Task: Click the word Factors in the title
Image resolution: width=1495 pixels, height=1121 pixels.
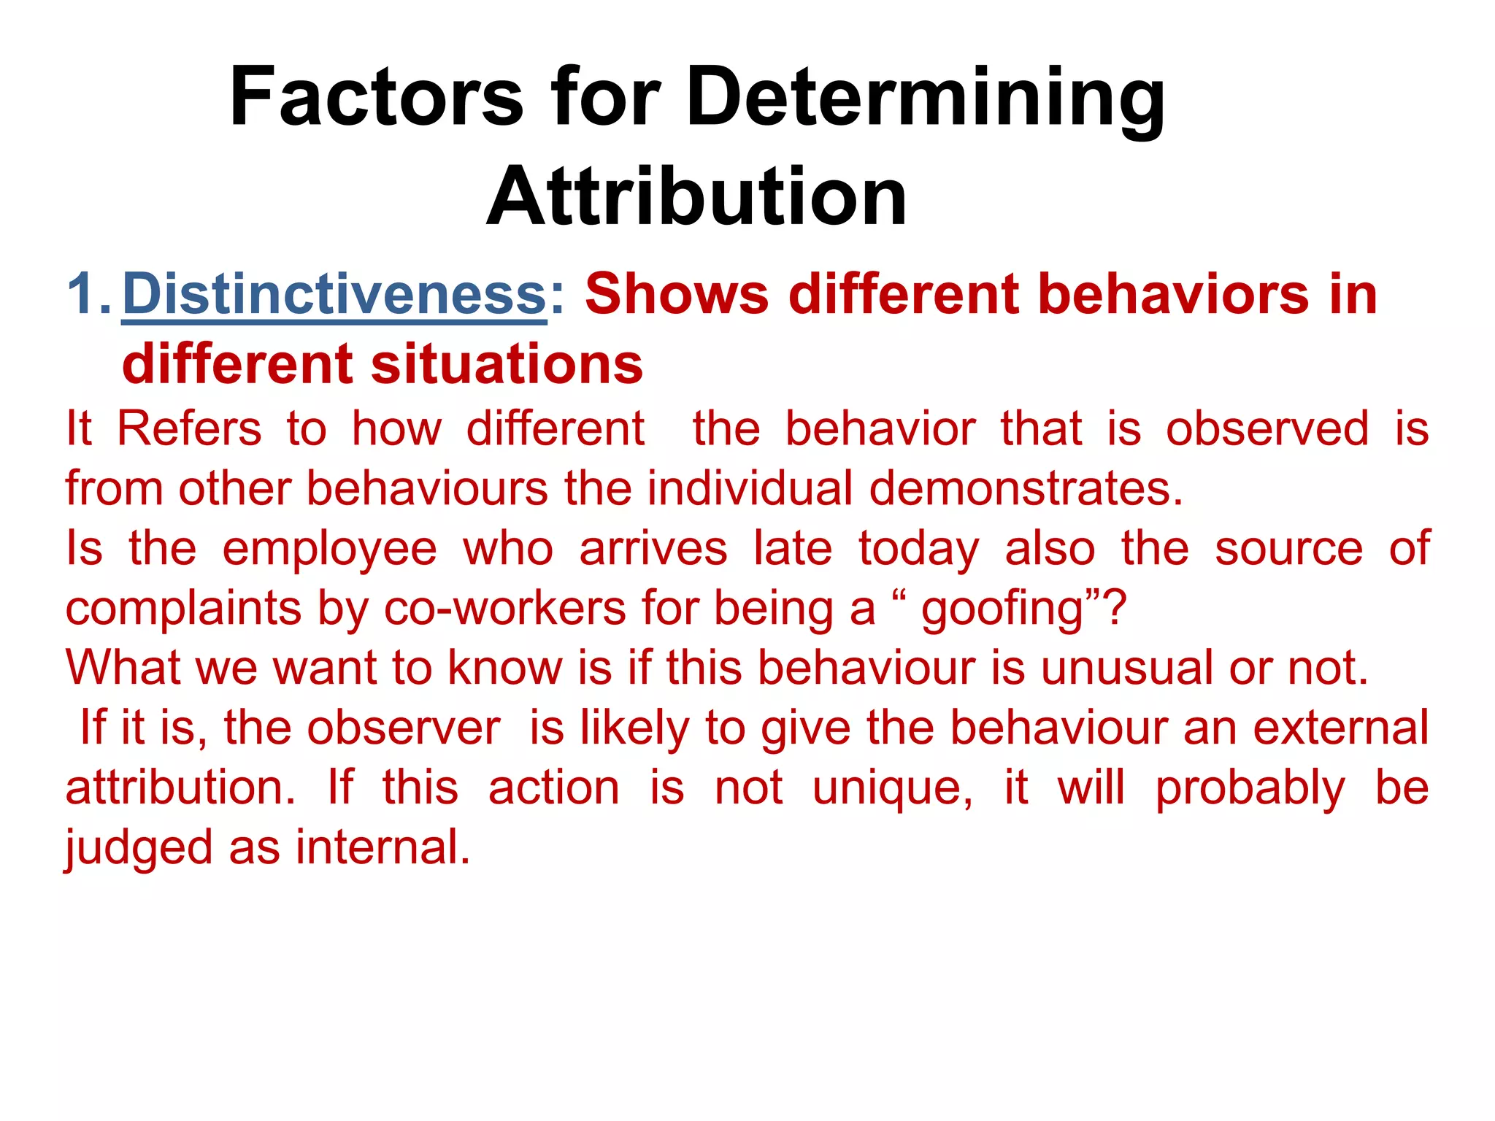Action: click(x=376, y=98)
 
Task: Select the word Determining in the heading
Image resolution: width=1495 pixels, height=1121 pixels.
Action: click(x=925, y=98)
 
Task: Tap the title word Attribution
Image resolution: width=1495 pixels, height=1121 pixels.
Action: click(x=696, y=197)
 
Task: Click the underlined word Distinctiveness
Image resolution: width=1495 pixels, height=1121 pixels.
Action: click(x=334, y=294)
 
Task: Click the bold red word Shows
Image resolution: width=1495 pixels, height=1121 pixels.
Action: click(x=677, y=294)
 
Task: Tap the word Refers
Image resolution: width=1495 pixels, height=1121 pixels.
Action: click(x=189, y=428)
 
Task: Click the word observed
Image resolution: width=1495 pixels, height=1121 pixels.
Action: click(x=1267, y=428)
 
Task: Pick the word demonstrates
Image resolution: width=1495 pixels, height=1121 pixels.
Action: click(x=1026, y=488)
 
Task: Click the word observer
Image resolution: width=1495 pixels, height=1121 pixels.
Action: click(x=404, y=728)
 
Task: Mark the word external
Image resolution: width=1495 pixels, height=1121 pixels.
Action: click(x=1341, y=728)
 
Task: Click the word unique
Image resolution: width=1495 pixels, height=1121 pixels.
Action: click(x=892, y=788)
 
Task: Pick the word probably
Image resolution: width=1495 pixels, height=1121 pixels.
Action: click(x=1250, y=788)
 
